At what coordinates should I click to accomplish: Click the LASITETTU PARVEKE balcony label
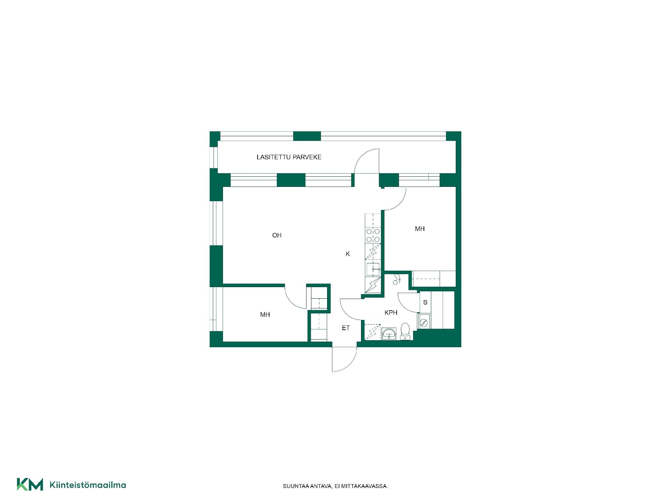(x=289, y=157)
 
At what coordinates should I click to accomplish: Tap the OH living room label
(x=277, y=235)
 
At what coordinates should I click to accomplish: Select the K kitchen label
(x=348, y=254)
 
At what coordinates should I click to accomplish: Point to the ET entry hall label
(x=346, y=328)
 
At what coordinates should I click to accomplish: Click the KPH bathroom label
(x=391, y=313)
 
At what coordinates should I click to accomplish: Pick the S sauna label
(x=425, y=302)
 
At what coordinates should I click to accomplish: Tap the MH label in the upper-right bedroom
(x=420, y=229)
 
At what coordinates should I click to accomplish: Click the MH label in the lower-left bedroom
(x=265, y=315)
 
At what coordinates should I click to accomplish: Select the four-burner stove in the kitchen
(x=373, y=235)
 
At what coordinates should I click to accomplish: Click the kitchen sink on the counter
(x=373, y=270)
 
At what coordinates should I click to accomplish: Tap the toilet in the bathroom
(x=405, y=331)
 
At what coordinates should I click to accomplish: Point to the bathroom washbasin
(x=389, y=334)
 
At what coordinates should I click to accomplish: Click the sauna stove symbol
(x=424, y=322)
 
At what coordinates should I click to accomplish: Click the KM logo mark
(x=30, y=484)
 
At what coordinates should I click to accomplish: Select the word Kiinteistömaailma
(x=88, y=485)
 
